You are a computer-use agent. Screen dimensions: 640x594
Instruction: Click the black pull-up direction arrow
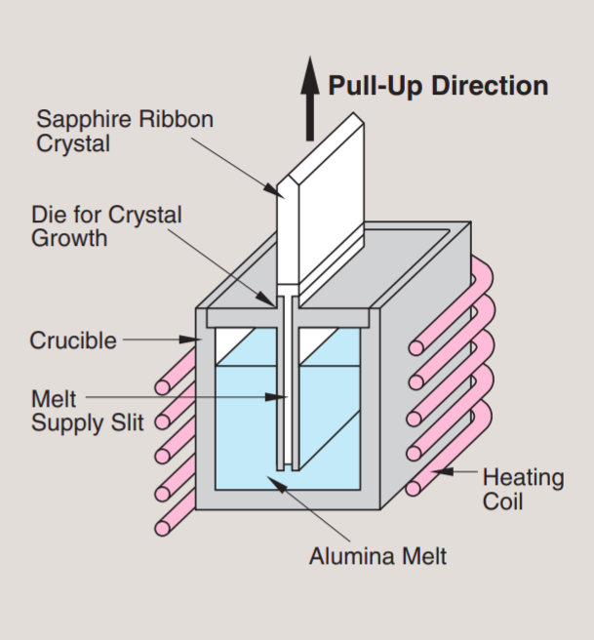point(310,98)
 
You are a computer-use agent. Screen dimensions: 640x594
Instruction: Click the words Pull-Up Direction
point(438,86)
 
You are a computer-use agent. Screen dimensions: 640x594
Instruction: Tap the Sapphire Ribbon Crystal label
point(125,132)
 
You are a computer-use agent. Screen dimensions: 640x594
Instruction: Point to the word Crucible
point(73,340)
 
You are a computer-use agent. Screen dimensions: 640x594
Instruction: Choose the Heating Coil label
point(523,489)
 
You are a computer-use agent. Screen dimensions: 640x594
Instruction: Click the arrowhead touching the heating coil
point(443,473)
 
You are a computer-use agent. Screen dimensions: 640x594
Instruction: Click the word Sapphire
point(80,120)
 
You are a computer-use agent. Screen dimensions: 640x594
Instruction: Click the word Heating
point(523,478)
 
